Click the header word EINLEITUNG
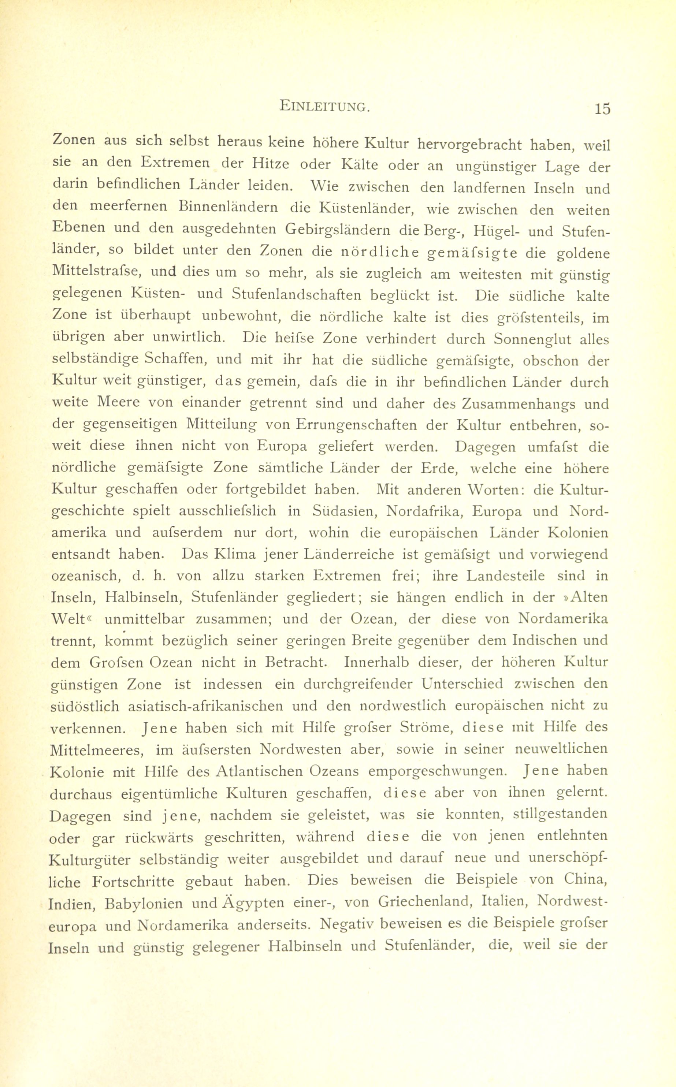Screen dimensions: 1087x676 [x=324, y=106]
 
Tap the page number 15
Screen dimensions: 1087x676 [x=602, y=109]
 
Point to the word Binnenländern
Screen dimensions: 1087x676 [x=227, y=207]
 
